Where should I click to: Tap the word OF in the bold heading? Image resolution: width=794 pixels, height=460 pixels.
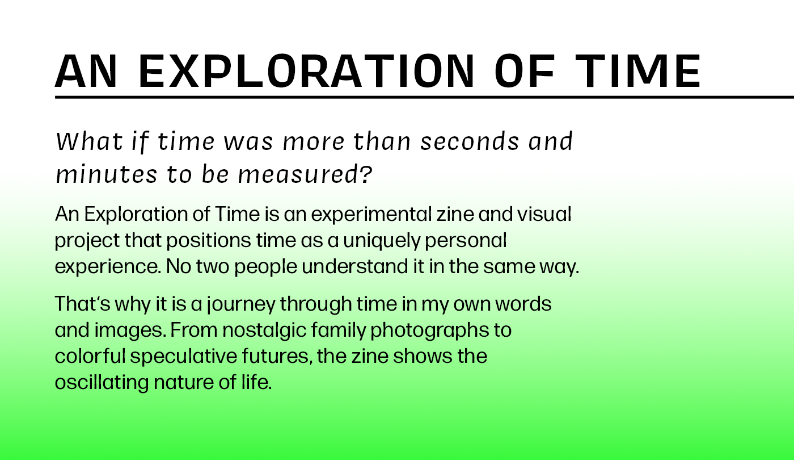pyautogui.click(x=524, y=71)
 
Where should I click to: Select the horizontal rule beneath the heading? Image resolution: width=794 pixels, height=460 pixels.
pyautogui.click(x=424, y=97)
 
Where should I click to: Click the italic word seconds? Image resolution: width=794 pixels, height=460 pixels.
pyautogui.click(x=470, y=141)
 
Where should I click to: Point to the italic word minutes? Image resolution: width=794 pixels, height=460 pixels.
pyautogui.click(x=107, y=175)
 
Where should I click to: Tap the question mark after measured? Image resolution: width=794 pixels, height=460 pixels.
pyautogui.click(x=366, y=174)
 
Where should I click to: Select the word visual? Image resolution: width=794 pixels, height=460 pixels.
pyautogui.click(x=544, y=214)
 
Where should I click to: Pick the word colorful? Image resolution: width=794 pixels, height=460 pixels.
pyautogui.click(x=90, y=356)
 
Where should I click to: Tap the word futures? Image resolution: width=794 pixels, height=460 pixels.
pyautogui.click(x=277, y=357)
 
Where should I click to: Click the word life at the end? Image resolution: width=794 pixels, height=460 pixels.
pyautogui.click(x=256, y=382)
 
